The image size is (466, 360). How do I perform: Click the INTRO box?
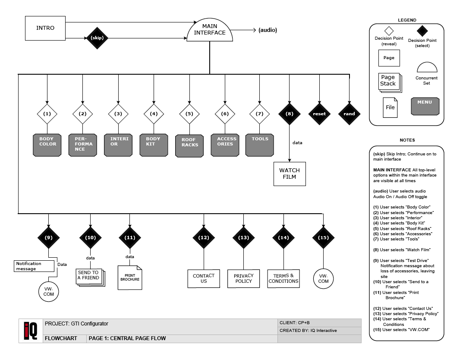click(45, 28)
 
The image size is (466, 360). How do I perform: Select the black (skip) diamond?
click(97, 38)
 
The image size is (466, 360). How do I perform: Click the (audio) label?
click(268, 30)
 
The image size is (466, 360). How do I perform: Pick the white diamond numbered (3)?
click(118, 114)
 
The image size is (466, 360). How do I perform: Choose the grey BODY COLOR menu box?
click(47, 144)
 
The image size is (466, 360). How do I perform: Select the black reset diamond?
click(319, 114)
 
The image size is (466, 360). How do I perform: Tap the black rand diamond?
click(349, 114)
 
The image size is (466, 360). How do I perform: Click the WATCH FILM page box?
click(290, 174)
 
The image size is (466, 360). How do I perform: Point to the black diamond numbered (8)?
click(289, 114)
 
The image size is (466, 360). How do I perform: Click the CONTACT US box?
click(204, 278)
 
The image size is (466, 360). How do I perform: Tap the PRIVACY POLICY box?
click(244, 278)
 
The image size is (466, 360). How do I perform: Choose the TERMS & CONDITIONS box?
click(283, 278)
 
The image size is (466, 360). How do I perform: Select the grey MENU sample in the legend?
click(425, 106)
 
